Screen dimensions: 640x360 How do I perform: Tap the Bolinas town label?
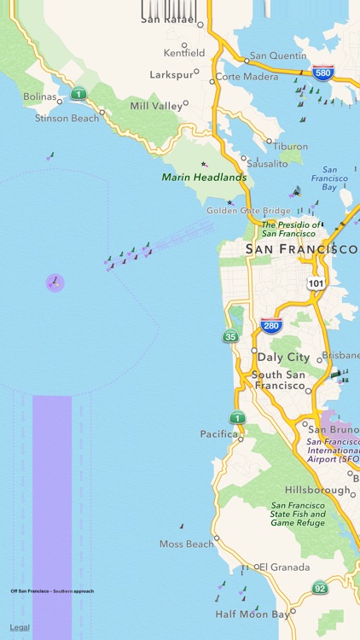[x=39, y=97]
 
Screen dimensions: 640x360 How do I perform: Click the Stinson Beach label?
[x=67, y=118]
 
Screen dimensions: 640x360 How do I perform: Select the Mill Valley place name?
[x=156, y=106]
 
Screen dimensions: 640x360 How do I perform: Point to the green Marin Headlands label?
[x=204, y=177]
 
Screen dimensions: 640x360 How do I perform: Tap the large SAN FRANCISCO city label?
[x=301, y=249]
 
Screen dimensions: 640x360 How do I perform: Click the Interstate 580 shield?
[x=322, y=73]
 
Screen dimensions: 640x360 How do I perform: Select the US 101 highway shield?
[x=316, y=282]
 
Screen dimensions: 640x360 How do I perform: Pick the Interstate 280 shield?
[x=271, y=325]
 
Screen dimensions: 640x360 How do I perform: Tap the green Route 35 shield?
[x=230, y=336]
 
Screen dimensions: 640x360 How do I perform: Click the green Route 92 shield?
[x=320, y=587]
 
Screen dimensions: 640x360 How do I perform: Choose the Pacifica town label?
[x=219, y=433]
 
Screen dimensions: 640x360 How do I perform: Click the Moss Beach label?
[x=186, y=544]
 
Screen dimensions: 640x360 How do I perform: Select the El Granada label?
[x=287, y=566]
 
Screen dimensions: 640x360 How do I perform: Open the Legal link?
[x=20, y=627]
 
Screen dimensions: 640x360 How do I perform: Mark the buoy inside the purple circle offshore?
[x=55, y=282]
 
